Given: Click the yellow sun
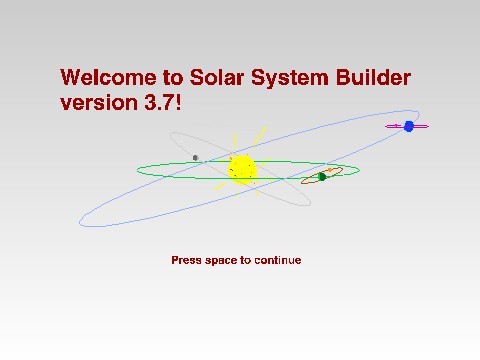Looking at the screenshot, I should [241, 169].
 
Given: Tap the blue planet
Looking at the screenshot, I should [408, 126].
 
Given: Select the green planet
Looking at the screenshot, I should [322, 177].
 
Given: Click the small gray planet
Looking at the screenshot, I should [196, 157].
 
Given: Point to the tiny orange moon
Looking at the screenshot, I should [329, 171].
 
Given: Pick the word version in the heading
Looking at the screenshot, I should [97, 103].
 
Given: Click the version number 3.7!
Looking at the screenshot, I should [162, 103].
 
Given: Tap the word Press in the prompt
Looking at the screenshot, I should [186, 260].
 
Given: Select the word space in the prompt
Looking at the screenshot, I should [221, 261].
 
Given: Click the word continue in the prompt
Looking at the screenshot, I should [277, 260].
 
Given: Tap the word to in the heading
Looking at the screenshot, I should [168, 78].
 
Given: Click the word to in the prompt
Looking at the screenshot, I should [246, 260].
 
